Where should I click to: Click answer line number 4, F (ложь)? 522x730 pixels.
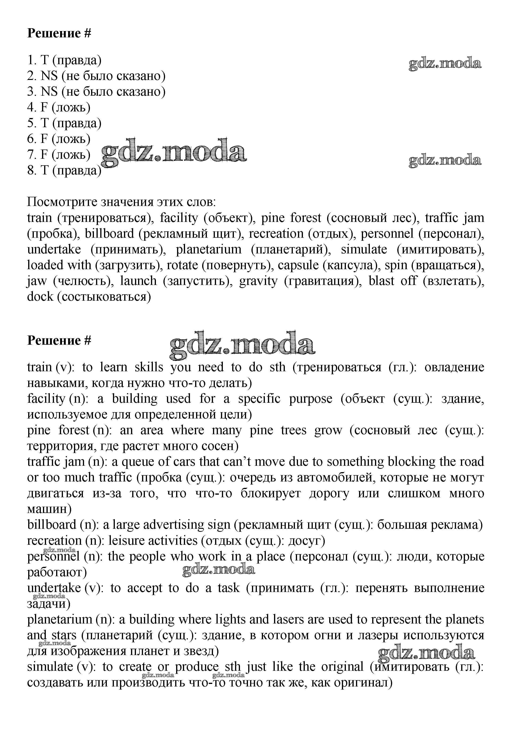59,107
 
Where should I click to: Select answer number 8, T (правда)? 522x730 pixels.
64,170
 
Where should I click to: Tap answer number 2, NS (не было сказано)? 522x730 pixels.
96,76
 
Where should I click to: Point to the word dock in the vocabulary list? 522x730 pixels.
40,297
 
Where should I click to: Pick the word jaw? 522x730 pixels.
37,281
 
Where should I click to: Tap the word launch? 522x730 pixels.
138,281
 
